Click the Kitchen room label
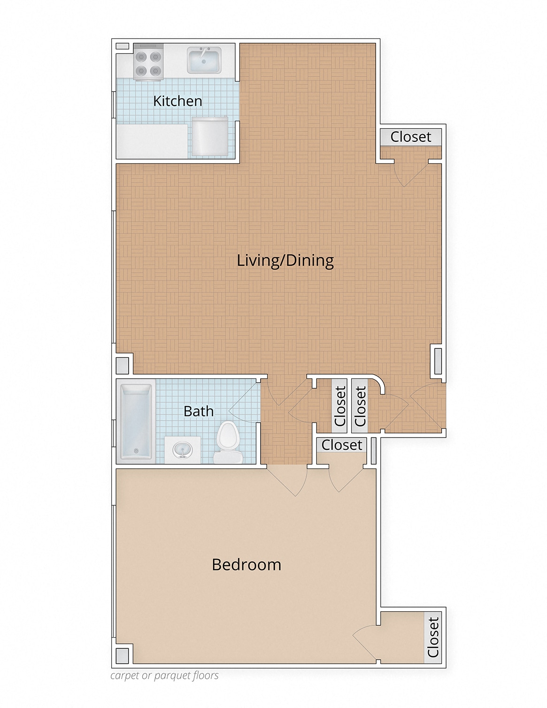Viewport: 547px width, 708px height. coord(177,101)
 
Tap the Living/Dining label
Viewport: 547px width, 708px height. coord(285,261)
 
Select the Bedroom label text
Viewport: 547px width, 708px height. coord(247,565)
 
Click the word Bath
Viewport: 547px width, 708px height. coord(199,411)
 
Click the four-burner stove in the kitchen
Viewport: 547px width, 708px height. coord(148,62)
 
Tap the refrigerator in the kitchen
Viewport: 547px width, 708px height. coord(209,137)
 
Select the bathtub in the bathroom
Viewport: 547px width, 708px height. coord(136,422)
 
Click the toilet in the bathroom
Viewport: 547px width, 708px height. coord(228,442)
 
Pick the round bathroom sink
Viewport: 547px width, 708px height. coord(183,450)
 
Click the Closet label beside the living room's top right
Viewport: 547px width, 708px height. coord(411,137)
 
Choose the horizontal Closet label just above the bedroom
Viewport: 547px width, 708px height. coord(342,445)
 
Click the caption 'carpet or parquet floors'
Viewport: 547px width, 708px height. coord(164,676)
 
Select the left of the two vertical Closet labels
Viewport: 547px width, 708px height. coord(340,406)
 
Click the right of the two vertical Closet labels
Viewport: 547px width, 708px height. coord(360,406)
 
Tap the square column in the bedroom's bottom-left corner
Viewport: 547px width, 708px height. coord(122,655)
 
